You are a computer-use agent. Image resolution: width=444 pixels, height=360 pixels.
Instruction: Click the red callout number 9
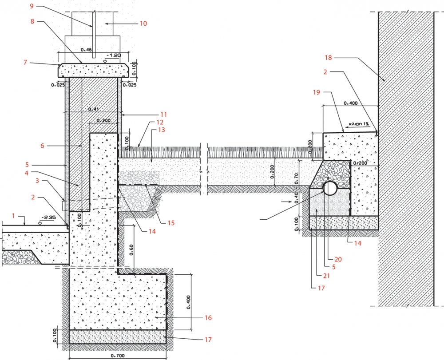32,6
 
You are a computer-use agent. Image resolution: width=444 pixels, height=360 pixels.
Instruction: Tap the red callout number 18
328,58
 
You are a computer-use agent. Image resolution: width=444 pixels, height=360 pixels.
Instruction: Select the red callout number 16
208,318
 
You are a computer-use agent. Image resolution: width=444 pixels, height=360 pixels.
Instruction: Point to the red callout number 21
326,275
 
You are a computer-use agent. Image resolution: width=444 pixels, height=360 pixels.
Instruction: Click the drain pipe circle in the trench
329,188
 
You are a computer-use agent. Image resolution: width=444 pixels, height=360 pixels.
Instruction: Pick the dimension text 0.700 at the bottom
118,356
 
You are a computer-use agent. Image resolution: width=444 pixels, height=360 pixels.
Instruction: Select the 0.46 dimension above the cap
86,50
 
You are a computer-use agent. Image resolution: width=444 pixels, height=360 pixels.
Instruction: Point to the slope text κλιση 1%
358,124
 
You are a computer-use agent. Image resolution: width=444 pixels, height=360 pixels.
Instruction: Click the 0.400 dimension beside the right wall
351,103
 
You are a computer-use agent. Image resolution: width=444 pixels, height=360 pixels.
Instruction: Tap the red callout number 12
160,122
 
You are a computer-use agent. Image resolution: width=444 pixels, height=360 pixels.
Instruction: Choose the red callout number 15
171,223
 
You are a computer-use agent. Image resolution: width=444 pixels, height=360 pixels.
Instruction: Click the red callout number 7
25,62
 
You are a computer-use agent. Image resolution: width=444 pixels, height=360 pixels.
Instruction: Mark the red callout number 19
317,92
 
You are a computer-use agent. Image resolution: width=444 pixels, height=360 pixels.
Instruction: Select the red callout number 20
338,259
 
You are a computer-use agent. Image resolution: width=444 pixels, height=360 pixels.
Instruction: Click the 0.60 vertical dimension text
132,249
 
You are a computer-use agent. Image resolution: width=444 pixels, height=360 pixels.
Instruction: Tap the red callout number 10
143,24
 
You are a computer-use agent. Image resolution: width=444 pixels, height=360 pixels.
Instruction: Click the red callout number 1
13,216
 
